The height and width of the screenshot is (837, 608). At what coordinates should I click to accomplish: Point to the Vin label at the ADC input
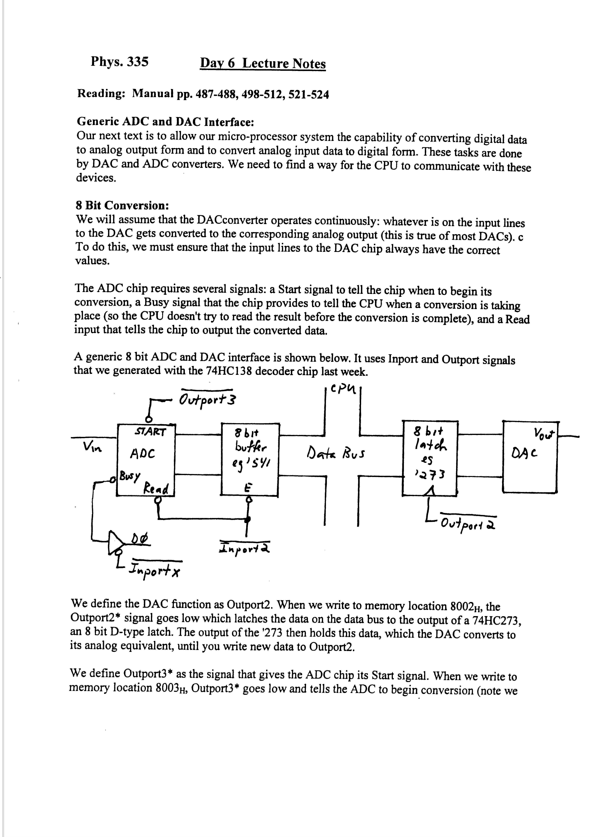[92, 448]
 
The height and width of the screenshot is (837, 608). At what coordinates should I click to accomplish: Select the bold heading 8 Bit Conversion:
[122, 205]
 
